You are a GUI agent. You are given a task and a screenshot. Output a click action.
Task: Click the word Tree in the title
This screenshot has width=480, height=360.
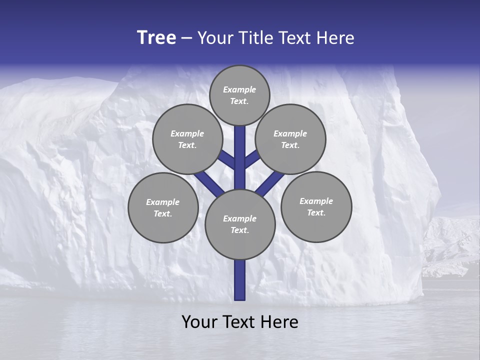tap(156, 37)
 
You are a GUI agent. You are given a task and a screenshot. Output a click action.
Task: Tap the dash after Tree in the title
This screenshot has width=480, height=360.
tap(187, 38)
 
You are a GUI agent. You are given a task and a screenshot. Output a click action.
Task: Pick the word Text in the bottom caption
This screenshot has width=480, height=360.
tap(240, 322)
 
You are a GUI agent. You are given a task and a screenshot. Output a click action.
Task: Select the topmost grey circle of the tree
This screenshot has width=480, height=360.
tap(239, 95)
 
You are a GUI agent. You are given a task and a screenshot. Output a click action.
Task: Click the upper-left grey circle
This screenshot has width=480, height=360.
tap(187, 139)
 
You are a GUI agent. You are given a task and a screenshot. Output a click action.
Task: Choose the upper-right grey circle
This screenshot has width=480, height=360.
tap(290, 139)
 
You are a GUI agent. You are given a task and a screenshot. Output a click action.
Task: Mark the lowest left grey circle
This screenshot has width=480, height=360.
tap(163, 207)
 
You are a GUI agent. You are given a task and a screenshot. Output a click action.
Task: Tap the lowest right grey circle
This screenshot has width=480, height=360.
tap(316, 206)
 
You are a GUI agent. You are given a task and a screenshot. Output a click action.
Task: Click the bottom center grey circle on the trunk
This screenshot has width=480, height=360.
tap(240, 224)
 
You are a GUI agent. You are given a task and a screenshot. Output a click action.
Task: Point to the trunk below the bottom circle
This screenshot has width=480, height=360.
tap(240, 280)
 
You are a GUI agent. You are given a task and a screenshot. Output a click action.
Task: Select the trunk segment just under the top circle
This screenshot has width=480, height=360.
tap(240, 145)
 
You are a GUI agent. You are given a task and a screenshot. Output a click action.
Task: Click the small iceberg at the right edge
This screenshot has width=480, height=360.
tap(450, 245)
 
